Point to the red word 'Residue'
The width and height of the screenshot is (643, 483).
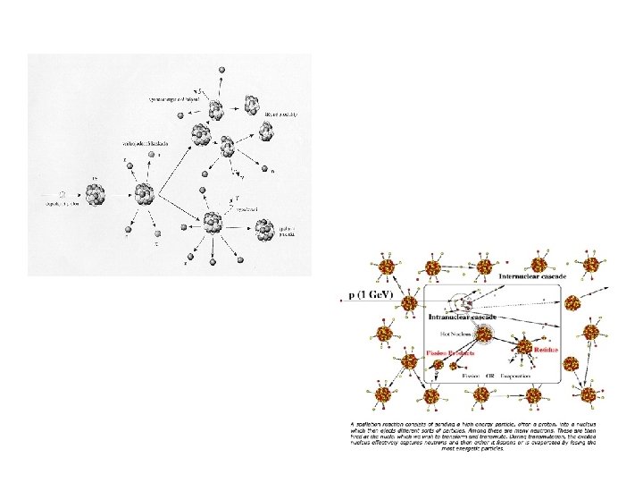click(547, 350)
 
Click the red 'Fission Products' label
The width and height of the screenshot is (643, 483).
click(449, 353)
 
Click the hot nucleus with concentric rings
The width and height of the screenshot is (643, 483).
click(484, 335)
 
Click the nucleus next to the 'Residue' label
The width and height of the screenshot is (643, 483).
click(524, 345)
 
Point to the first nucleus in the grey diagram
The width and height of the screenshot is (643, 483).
click(96, 192)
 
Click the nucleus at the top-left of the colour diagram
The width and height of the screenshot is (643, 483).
click(386, 267)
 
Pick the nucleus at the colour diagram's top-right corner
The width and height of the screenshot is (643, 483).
click(591, 266)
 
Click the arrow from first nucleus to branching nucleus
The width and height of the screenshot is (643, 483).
click(120, 193)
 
